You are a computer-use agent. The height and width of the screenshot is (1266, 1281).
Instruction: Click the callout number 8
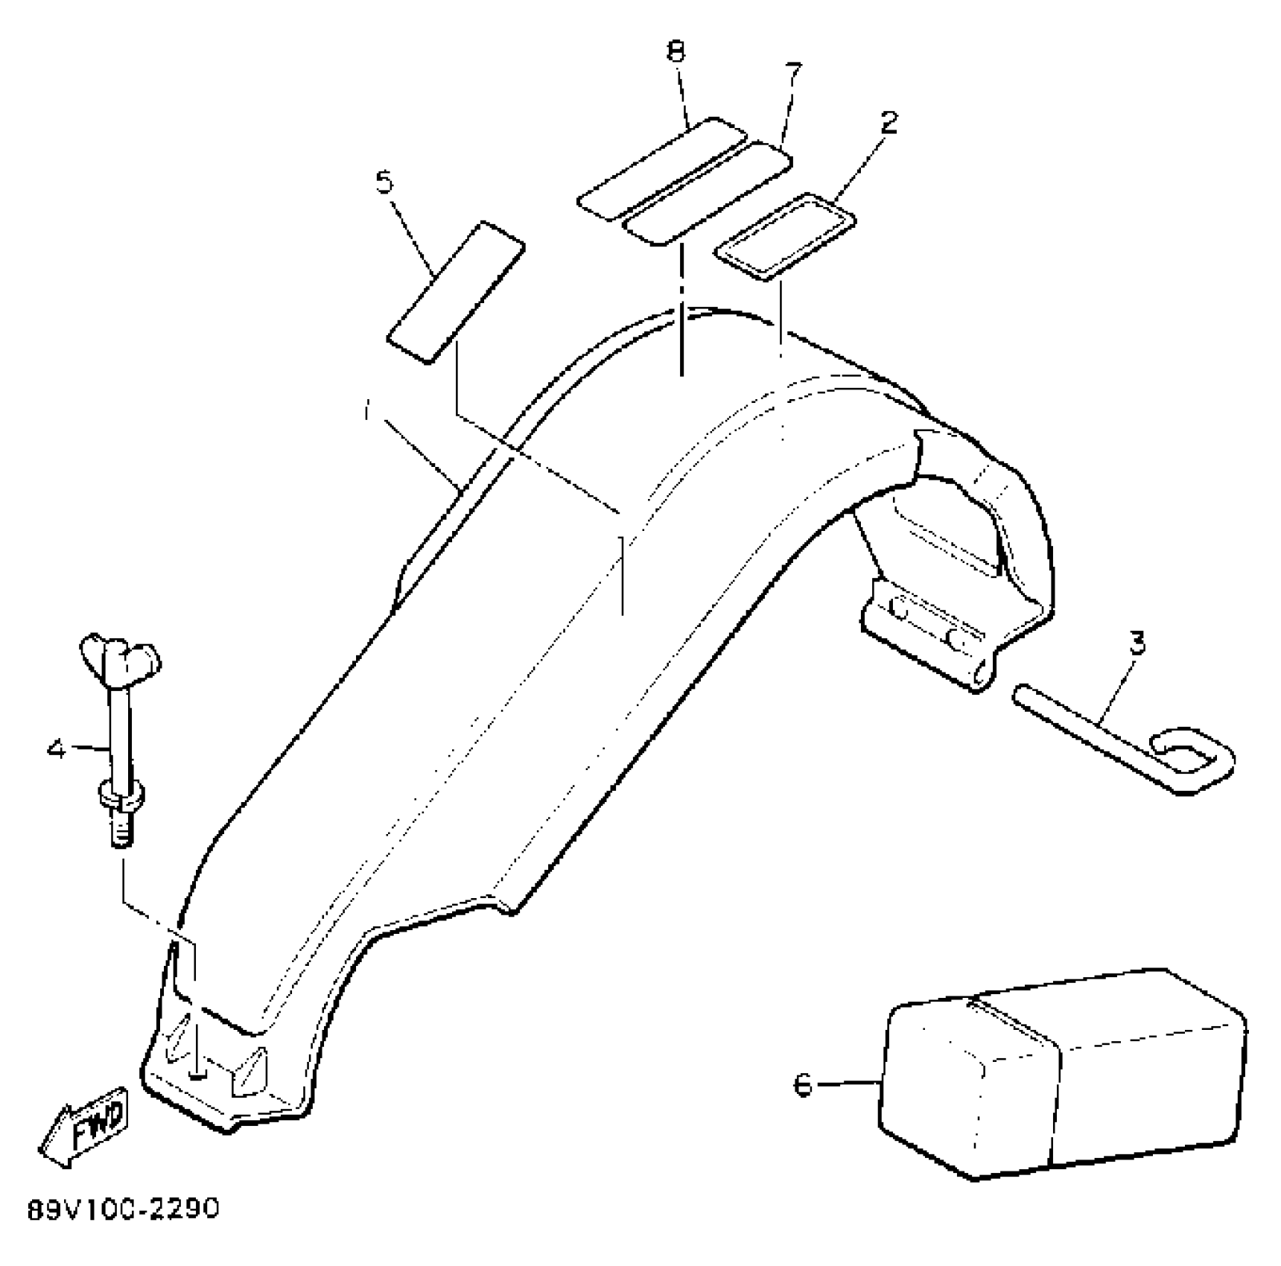tap(676, 52)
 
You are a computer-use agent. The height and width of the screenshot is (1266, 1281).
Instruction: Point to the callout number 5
tap(384, 182)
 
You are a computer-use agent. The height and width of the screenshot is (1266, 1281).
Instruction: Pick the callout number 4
tap(57, 748)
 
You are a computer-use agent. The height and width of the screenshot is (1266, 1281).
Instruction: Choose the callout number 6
tap(803, 1085)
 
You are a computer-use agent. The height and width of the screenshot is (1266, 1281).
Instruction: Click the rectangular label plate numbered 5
tap(456, 292)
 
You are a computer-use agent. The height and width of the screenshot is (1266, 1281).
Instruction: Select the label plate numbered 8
tap(661, 168)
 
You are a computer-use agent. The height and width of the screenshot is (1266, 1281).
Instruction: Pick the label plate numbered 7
tap(708, 192)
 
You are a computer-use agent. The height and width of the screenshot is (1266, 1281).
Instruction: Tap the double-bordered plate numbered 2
tap(785, 237)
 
